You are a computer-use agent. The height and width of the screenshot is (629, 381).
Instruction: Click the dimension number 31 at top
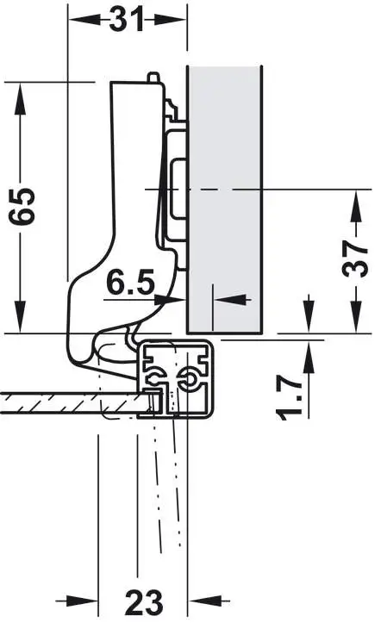click(126, 19)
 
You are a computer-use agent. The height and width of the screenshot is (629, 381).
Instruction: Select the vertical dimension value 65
click(22, 206)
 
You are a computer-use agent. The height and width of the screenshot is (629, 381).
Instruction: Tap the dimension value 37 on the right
click(355, 259)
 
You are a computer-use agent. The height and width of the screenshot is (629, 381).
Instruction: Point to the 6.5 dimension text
click(130, 283)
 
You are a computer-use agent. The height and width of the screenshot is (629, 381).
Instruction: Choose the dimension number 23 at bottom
click(144, 601)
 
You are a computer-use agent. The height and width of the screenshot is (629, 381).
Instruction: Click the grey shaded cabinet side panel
click(225, 199)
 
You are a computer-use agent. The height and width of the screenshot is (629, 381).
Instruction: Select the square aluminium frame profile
click(175, 379)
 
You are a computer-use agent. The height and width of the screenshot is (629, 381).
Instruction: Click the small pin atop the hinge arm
click(153, 77)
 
